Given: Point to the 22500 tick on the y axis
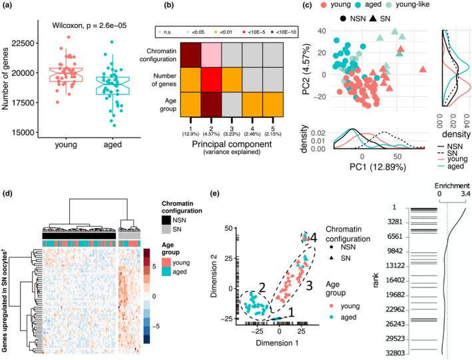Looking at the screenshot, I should [x=33, y=44].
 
